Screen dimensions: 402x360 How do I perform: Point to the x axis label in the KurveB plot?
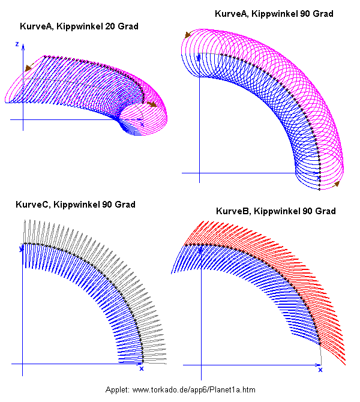click(x=320, y=370)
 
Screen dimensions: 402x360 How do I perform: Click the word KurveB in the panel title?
click(x=232, y=211)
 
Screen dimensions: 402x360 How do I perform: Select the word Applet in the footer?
click(x=117, y=390)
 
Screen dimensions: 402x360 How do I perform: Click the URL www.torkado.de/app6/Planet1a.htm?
click(x=194, y=390)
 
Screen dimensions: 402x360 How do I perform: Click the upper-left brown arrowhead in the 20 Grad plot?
click(x=28, y=68)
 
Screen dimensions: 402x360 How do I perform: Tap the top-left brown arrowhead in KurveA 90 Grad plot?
click(x=188, y=35)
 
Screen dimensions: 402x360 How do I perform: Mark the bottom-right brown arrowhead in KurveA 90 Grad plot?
click(x=337, y=184)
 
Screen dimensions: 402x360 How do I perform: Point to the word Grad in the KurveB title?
click(x=323, y=211)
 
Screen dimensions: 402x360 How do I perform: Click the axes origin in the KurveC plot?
click(x=23, y=364)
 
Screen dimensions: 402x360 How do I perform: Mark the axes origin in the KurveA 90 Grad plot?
click(x=199, y=174)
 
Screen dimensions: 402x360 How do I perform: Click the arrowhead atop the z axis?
click(x=23, y=44)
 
